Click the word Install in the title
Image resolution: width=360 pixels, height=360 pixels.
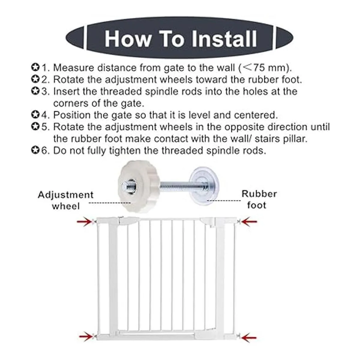(x=224, y=39)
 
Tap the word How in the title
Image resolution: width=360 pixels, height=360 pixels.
(x=127, y=39)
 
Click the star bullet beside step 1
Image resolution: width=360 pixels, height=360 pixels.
(x=35, y=67)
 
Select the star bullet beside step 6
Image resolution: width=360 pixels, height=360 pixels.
(x=35, y=150)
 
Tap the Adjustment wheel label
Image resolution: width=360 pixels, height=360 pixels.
(x=66, y=200)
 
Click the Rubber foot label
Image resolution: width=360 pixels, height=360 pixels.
(x=259, y=199)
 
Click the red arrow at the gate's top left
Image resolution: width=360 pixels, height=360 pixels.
(x=85, y=222)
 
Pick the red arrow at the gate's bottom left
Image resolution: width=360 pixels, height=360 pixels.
(x=86, y=331)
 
